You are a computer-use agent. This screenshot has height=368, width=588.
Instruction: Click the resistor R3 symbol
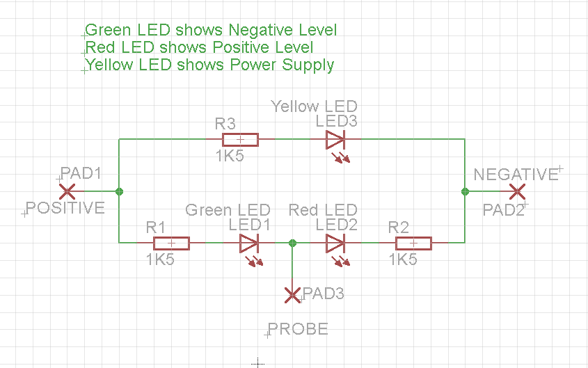point(240,139)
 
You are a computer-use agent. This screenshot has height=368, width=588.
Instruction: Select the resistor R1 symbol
point(171,243)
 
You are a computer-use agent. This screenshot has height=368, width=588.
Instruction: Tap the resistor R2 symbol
point(413,243)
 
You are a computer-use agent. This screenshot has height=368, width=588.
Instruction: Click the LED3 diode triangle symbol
point(335,140)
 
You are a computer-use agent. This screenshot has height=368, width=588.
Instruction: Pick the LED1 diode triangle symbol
point(249,243)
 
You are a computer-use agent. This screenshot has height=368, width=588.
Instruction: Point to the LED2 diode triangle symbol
point(335,243)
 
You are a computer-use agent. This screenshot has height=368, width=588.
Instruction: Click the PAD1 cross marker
point(67,191)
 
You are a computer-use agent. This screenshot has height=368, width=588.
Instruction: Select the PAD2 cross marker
point(517,191)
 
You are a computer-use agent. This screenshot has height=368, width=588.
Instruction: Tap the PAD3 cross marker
point(293,295)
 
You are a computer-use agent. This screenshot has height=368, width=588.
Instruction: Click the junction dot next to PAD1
point(120,191)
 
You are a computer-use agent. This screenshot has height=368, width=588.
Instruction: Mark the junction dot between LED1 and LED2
point(292,243)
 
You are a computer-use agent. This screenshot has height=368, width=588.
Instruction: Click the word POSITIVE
point(65,208)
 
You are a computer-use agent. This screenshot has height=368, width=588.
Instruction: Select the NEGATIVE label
point(516,175)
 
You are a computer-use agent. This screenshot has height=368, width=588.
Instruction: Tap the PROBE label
point(298,329)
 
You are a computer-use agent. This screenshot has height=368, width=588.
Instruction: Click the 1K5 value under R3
point(230,157)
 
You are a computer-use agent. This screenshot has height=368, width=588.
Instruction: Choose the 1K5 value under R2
point(403,260)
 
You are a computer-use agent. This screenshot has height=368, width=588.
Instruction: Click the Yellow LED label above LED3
point(314,106)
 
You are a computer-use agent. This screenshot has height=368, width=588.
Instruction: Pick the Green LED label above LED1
point(228,210)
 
